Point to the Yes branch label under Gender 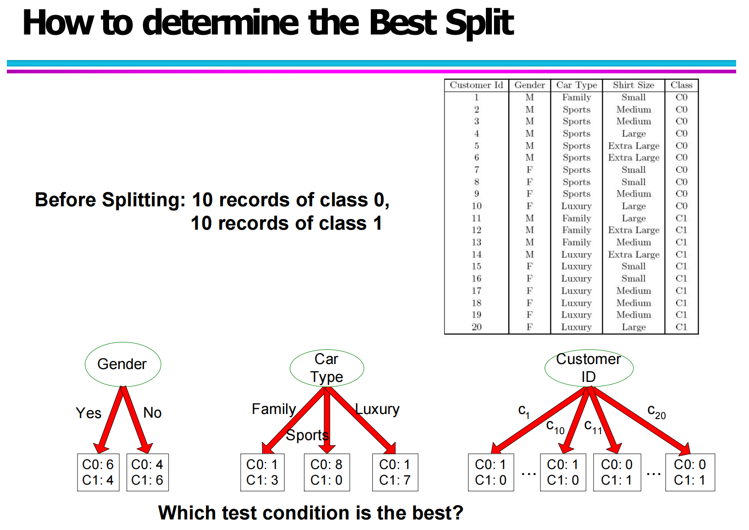[x=88, y=413]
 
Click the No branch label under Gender [x=153, y=413]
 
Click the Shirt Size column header [x=633, y=85]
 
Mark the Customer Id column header [x=476, y=85]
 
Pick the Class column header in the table [x=682, y=85]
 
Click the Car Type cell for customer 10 [x=577, y=206]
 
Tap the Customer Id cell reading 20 [x=476, y=327]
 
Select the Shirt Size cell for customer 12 [x=633, y=230]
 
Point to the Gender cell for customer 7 [x=529, y=170]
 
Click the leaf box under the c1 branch [x=491, y=472]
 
